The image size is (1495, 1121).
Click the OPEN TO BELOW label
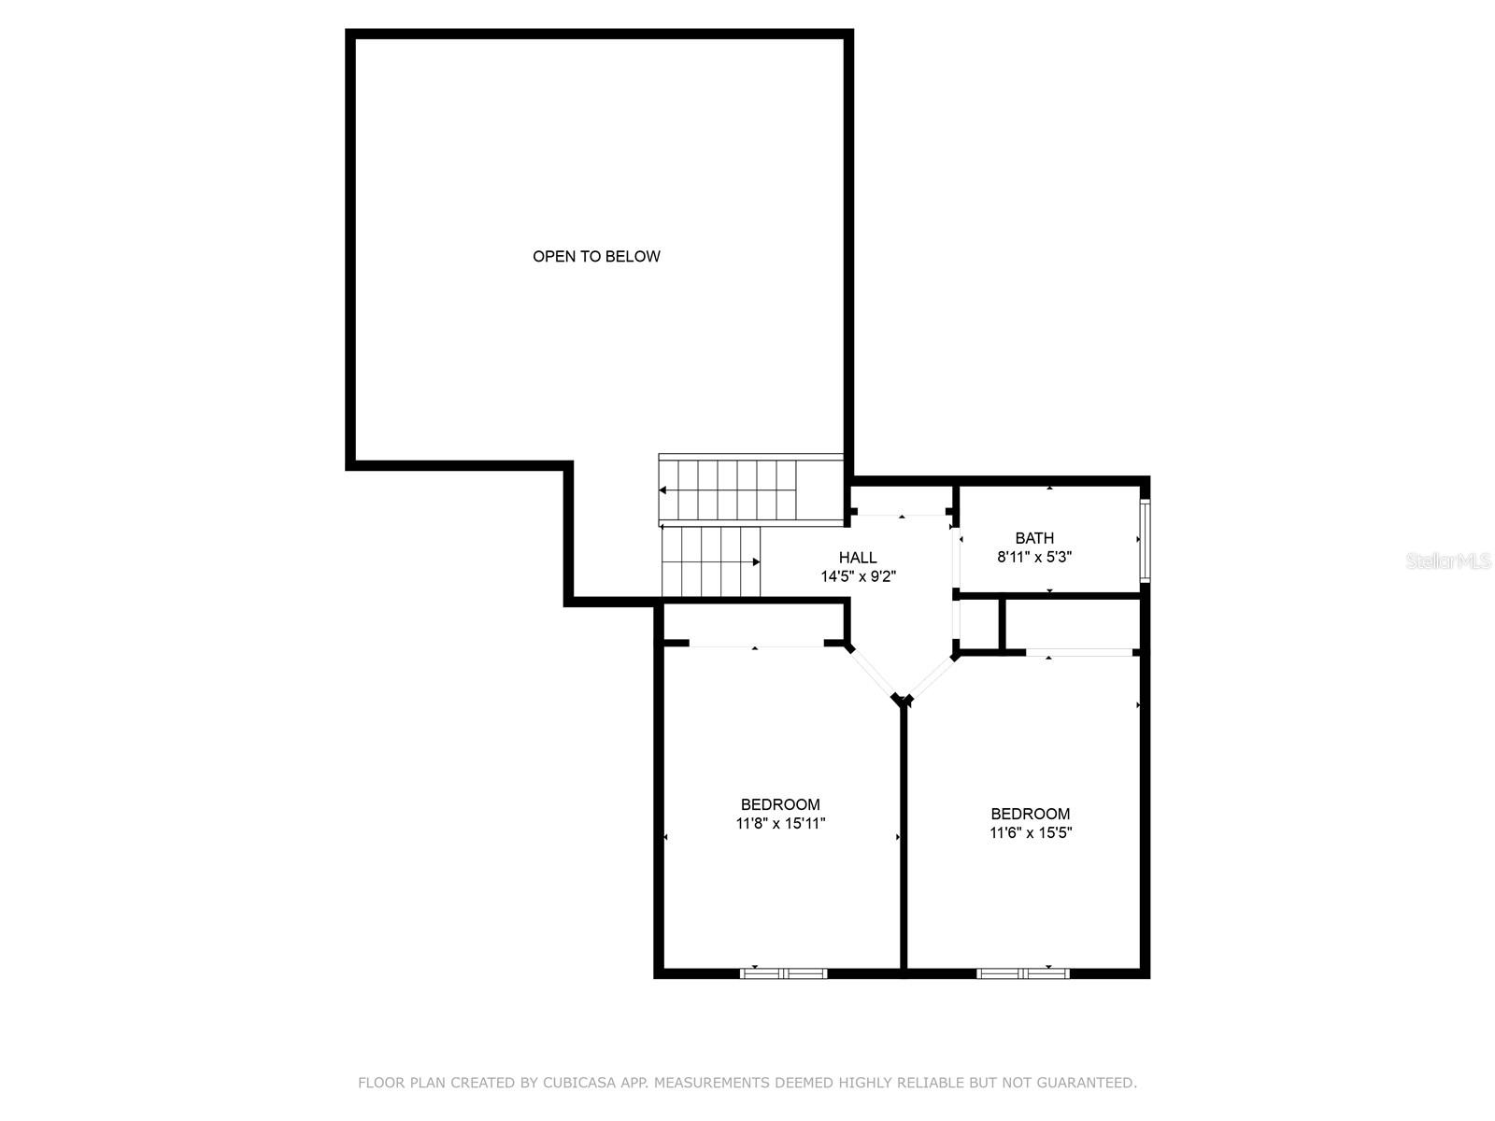596,256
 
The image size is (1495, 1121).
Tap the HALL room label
858,558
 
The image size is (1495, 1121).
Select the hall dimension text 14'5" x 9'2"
858,576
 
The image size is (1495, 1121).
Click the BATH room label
1034,538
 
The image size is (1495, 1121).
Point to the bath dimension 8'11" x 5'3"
1034,557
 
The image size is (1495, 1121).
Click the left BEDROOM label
780,804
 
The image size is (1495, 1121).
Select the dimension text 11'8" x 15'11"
780,823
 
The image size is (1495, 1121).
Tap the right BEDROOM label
1031,814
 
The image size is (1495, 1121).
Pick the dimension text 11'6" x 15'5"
1031,832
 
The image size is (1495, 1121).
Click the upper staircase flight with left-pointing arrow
729,490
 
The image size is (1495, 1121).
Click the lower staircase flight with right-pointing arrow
710,560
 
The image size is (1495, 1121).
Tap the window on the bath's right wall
1145,540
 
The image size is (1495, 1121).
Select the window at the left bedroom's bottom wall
783,972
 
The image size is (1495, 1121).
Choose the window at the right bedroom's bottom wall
1022,972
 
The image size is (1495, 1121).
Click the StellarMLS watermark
1448,561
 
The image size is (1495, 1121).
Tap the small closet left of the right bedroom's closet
978,623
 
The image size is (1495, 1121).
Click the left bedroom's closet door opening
756,644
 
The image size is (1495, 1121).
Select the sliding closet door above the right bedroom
1079,652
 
